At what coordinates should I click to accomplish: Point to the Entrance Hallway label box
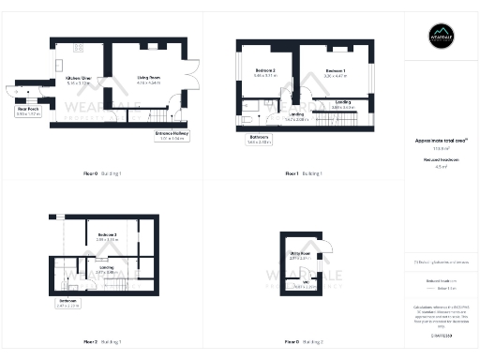[170, 137]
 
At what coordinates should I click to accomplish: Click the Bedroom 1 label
[335, 72]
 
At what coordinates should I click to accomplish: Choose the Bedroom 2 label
[265, 72]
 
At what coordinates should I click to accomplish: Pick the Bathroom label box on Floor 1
[260, 141]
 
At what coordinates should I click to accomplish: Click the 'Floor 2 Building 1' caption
[101, 341]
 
